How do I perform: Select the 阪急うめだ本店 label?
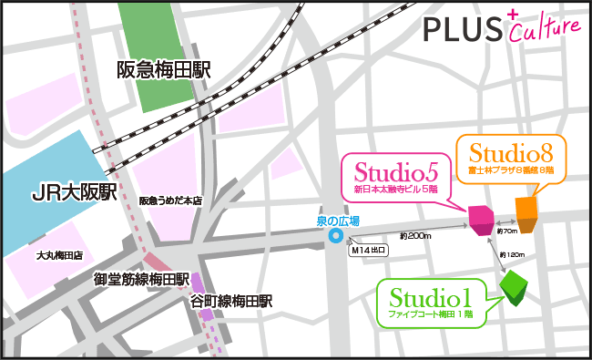click(170, 201)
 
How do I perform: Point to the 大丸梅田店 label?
click(60, 256)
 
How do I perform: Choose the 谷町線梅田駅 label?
click(232, 301)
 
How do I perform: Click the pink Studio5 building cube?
click(480, 219)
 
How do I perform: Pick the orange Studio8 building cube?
click(526, 211)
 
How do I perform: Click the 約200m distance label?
click(414, 236)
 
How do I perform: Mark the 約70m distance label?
click(507, 231)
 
